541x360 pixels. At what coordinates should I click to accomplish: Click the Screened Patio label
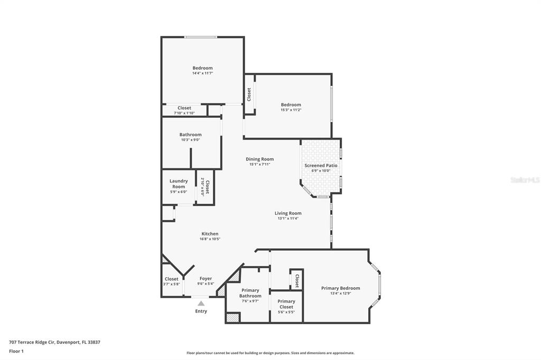(x=321, y=166)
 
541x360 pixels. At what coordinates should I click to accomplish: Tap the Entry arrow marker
(x=201, y=303)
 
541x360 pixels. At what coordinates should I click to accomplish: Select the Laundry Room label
(x=179, y=184)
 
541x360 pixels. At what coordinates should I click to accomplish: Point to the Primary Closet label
(x=286, y=304)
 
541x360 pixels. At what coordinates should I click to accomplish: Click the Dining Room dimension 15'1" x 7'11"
(x=259, y=164)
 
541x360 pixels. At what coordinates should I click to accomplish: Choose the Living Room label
(x=288, y=213)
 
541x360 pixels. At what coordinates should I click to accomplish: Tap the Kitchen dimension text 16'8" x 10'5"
(x=210, y=239)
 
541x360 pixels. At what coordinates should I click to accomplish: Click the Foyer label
(x=206, y=279)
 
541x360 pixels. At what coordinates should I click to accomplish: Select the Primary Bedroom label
(x=340, y=288)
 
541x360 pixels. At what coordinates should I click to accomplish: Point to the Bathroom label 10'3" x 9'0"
(x=190, y=135)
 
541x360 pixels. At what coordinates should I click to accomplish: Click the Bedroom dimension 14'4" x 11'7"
(x=202, y=73)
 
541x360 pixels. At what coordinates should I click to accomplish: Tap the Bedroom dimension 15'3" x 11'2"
(x=291, y=110)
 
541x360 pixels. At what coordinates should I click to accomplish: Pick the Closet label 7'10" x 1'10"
(x=184, y=108)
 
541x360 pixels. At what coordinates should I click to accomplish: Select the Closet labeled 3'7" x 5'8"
(x=172, y=279)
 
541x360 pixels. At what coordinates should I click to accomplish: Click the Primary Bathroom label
(x=250, y=293)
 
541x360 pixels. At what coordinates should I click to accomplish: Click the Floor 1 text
(x=16, y=351)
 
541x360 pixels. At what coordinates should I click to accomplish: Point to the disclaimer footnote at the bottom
(x=270, y=353)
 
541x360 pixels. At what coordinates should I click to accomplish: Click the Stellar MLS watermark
(x=525, y=180)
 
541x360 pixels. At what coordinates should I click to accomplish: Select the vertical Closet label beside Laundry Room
(x=207, y=187)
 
